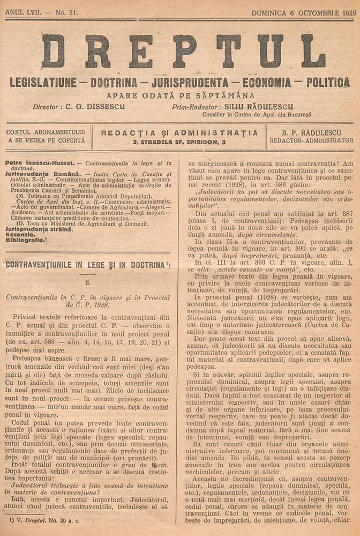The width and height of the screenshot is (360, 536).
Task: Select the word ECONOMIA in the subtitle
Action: point(267,83)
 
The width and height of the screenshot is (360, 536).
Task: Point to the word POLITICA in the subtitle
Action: point(328,83)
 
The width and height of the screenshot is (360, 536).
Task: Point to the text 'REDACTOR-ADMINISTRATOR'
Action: point(311,140)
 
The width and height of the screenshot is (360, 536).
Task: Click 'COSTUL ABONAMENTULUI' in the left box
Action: point(46,132)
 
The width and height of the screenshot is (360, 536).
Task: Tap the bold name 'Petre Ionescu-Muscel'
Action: point(35,161)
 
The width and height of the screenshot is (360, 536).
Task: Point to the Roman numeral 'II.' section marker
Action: point(88,281)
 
